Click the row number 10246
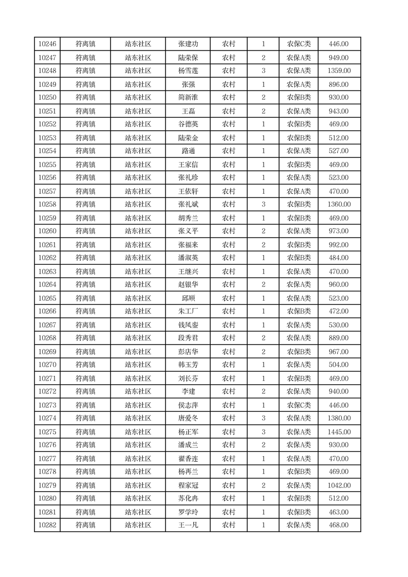click(x=47, y=44)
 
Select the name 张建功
click(x=188, y=44)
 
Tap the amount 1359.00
click(x=339, y=71)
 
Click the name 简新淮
click(x=188, y=98)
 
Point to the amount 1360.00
click(x=339, y=205)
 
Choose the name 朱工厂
click(x=188, y=312)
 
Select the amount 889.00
click(x=339, y=338)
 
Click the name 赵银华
click(x=188, y=285)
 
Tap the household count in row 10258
click(x=264, y=205)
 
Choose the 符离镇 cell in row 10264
click(x=85, y=285)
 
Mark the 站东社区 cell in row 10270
click(x=138, y=365)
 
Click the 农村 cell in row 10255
click(x=229, y=165)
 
